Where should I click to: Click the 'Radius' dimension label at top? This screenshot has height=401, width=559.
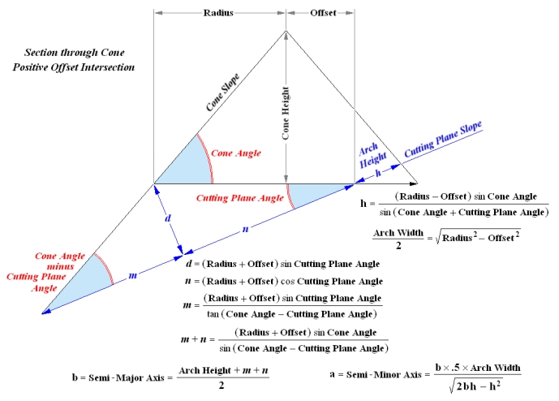(x=220, y=14)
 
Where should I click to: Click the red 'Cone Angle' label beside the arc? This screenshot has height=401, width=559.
(x=234, y=152)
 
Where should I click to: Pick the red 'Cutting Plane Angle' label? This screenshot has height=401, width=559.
(x=239, y=196)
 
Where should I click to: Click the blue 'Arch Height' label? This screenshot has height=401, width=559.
(x=368, y=153)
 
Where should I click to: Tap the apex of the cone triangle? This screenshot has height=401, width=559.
(x=286, y=32)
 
